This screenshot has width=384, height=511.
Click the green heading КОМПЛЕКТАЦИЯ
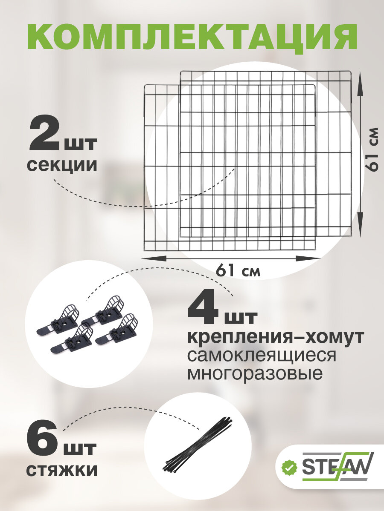tap(192, 37)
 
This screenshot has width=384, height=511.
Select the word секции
tap(62, 165)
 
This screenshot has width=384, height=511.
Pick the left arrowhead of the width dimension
tap(154, 258)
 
